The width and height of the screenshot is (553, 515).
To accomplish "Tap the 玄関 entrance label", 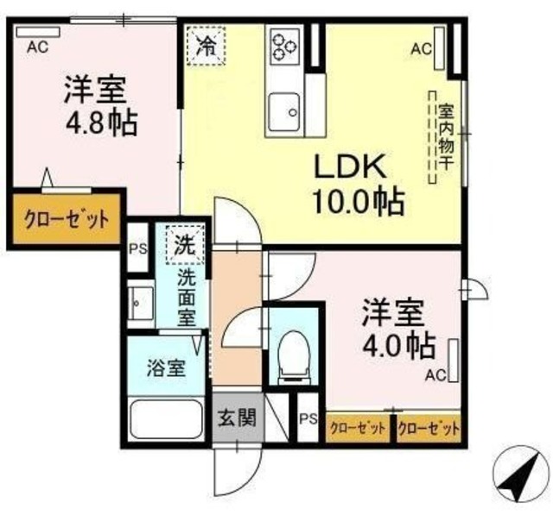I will click(x=236, y=419).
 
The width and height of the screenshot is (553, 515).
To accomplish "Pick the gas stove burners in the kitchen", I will click(x=283, y=47).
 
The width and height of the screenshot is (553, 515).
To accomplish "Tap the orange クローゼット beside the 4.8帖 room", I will click(x=65, y=219).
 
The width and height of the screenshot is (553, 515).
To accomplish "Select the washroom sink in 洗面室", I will click(x=140, y=300).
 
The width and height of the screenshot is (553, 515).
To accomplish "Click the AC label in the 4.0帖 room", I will click(x=435, y=374).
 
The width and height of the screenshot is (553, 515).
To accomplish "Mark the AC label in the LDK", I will click(x=421, y=49).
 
